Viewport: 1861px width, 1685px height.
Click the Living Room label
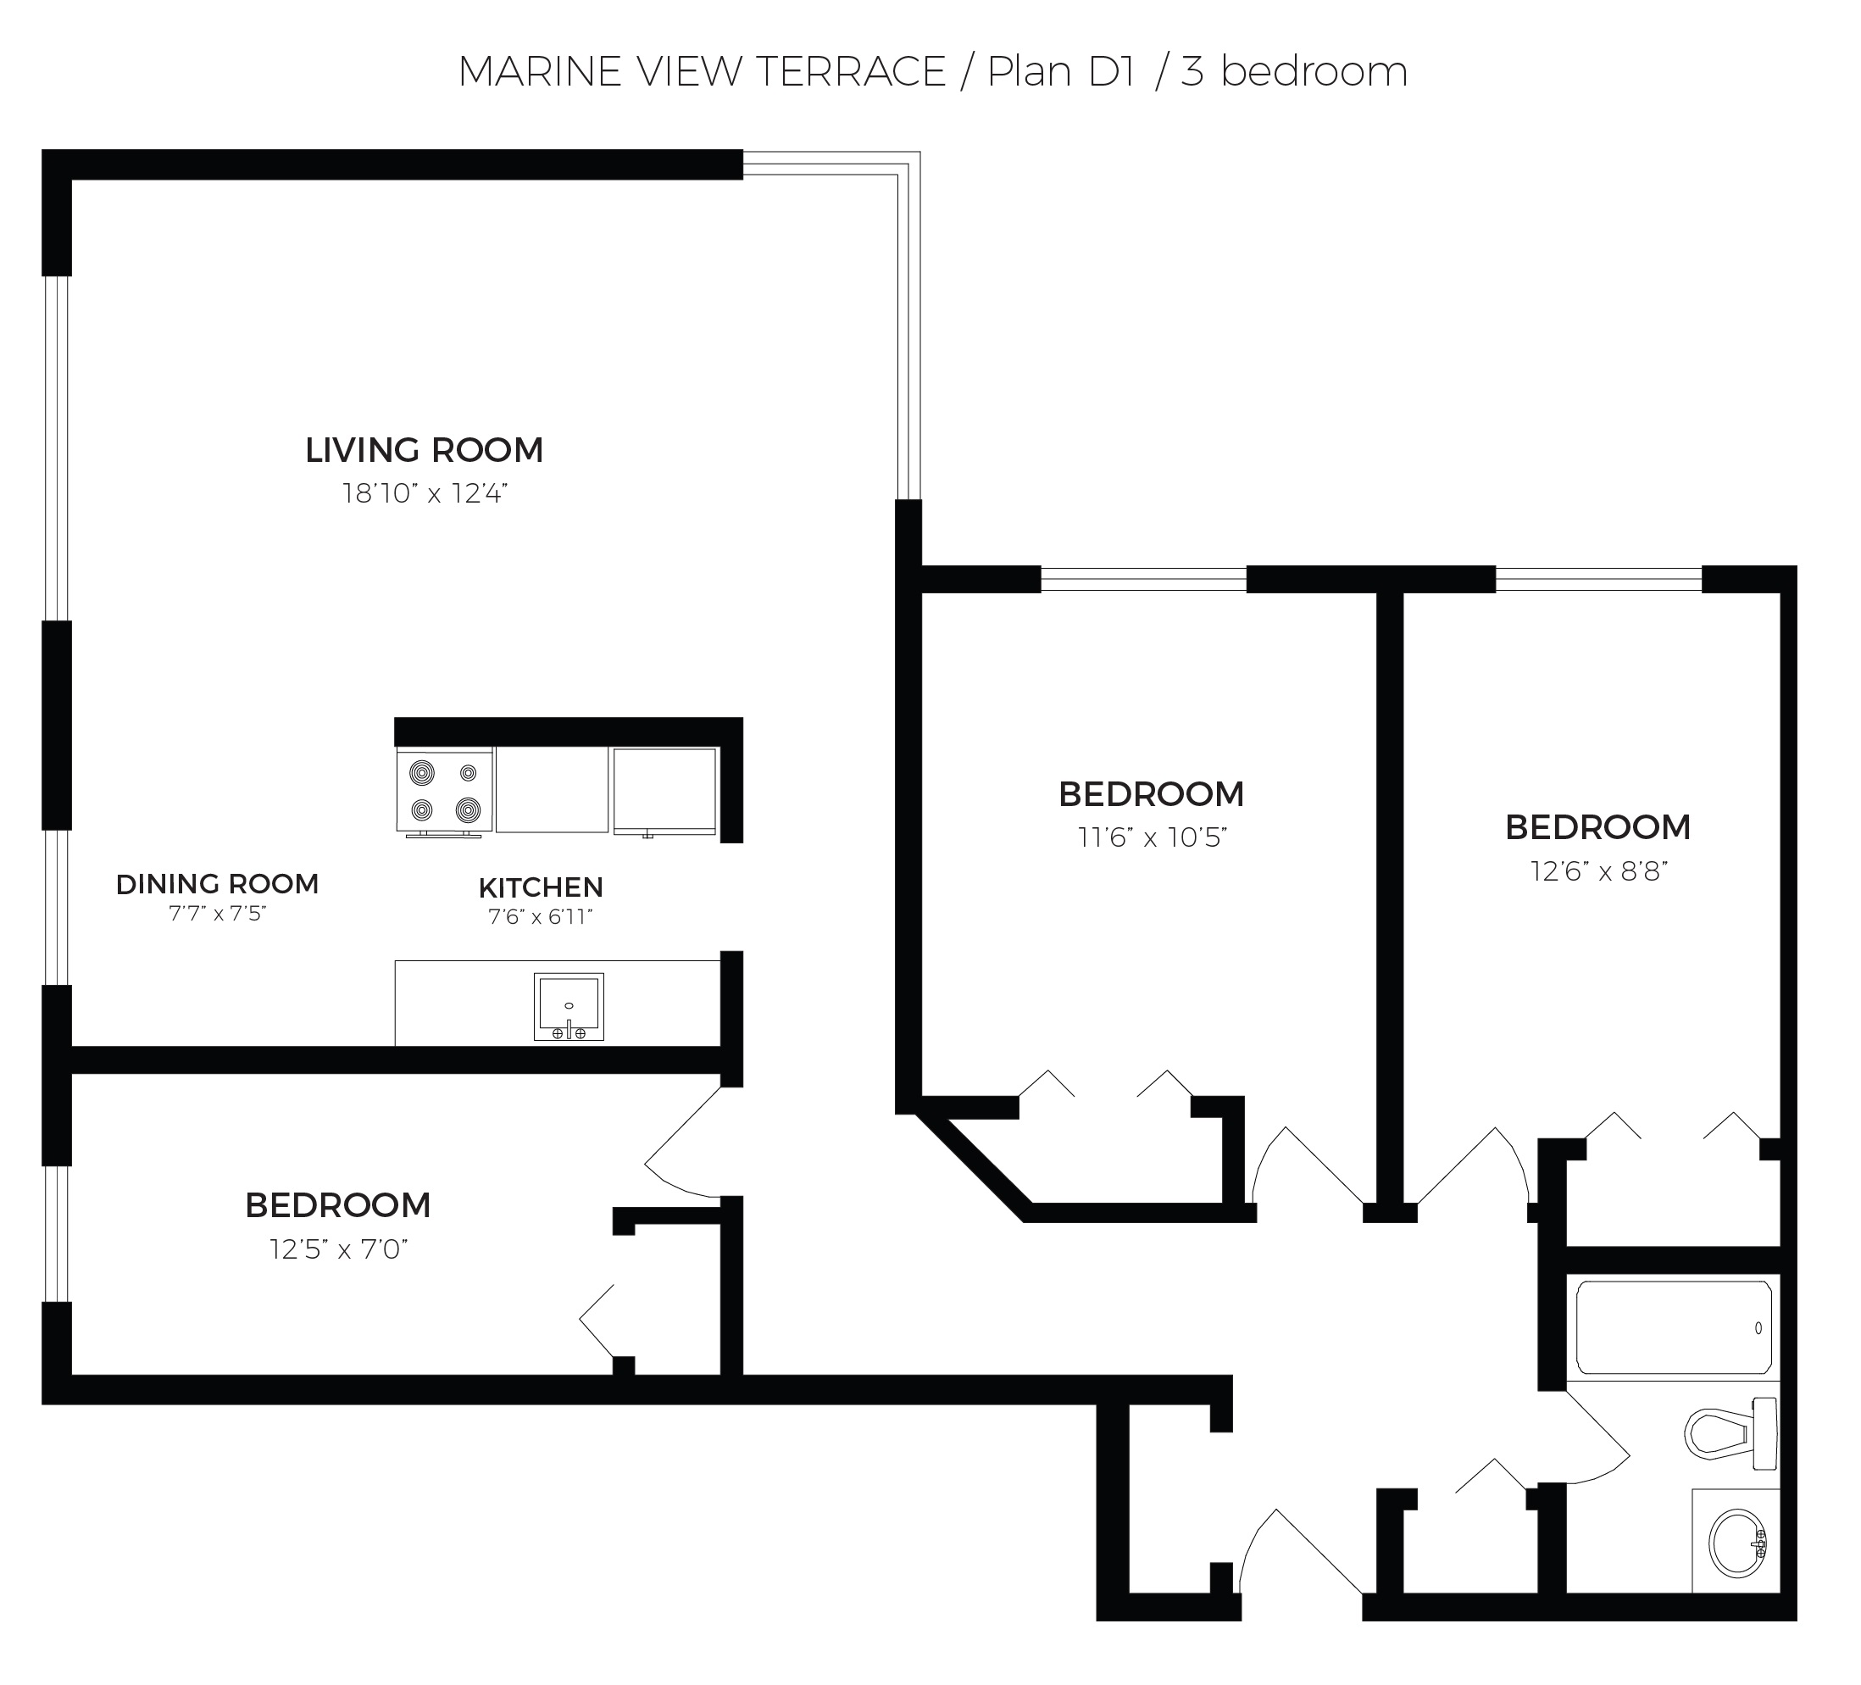pos(424,451)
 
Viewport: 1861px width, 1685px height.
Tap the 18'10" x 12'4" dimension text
pos(425,494)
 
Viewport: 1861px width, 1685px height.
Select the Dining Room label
pos(217,885)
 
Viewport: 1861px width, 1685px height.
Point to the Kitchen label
pos(541,888)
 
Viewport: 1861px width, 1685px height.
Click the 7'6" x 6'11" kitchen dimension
pos(540,917)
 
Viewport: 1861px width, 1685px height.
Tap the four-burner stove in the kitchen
pos(444,792)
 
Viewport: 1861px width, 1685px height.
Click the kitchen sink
pos(569,1006)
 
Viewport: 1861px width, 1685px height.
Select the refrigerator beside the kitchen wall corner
pos(664,792)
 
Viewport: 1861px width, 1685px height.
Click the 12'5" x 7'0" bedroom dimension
pos(339,1249)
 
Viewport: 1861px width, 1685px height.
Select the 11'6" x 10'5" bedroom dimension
pos(1152,837)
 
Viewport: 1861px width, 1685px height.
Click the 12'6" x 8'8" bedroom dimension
pos(1599,870)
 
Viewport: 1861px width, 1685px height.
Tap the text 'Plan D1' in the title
pos(1061,72)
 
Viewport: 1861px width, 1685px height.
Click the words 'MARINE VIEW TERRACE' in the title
pos(703,72)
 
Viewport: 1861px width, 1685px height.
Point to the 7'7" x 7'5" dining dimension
pos(218,914)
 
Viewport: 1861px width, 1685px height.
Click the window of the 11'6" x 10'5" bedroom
pos(1144,579)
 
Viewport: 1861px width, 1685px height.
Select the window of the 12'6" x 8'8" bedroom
pos(1598,579)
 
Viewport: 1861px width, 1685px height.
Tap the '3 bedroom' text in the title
pos(1294,72)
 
